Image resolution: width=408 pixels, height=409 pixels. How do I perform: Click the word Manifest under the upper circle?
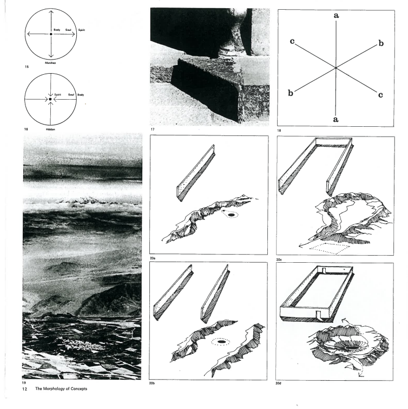(50, 63)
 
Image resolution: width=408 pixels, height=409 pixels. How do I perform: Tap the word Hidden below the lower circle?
(50, 129)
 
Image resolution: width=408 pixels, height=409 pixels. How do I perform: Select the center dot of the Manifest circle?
(51, 34)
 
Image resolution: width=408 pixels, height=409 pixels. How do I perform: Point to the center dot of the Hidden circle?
(50, 99)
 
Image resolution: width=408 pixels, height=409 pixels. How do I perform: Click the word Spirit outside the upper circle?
(82, 30)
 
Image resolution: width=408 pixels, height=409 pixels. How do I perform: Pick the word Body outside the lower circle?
(81, 95)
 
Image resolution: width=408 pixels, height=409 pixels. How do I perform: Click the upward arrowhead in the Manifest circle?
(51, 12)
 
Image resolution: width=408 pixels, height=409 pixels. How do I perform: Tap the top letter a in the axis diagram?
(337, 16)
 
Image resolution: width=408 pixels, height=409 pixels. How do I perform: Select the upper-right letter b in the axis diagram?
(381, 43)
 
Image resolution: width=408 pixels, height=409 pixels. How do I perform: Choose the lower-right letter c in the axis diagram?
(380, 95)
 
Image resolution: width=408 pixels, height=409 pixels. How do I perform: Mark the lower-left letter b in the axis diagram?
(291, 93)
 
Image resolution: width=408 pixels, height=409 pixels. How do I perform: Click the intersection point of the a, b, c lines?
(336, 68)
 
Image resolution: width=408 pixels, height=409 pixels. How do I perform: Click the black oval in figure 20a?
(231, 215)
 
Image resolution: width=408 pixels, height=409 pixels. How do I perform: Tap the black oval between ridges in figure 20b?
(221, 341)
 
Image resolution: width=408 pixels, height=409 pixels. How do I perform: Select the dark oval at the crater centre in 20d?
(353, 348)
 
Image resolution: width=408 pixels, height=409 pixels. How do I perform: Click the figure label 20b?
(152, 383)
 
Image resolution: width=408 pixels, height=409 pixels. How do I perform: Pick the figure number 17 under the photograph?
(153, 129)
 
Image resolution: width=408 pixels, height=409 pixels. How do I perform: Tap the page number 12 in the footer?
(24, 389)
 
